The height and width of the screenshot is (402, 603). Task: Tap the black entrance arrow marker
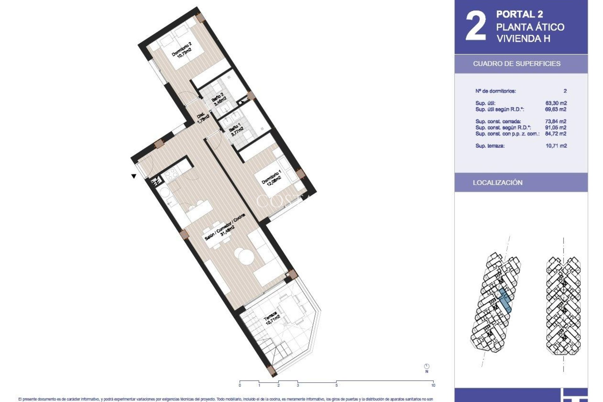pos(134,177)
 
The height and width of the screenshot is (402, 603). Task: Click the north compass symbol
pos(426,367)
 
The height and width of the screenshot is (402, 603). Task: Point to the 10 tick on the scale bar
pos(433,385)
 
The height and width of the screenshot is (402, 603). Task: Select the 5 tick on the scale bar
pos(336,385)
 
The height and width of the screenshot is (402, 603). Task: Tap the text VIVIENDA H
pos(523,39)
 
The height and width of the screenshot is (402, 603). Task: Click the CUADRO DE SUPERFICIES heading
pos(517,64)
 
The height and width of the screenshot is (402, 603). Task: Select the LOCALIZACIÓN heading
pos(497,183)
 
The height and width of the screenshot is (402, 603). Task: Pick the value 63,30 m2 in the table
pos(556,103)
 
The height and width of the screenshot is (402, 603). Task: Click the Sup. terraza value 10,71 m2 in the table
pos(556,146)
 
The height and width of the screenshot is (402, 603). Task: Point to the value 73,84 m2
pos(556,121)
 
